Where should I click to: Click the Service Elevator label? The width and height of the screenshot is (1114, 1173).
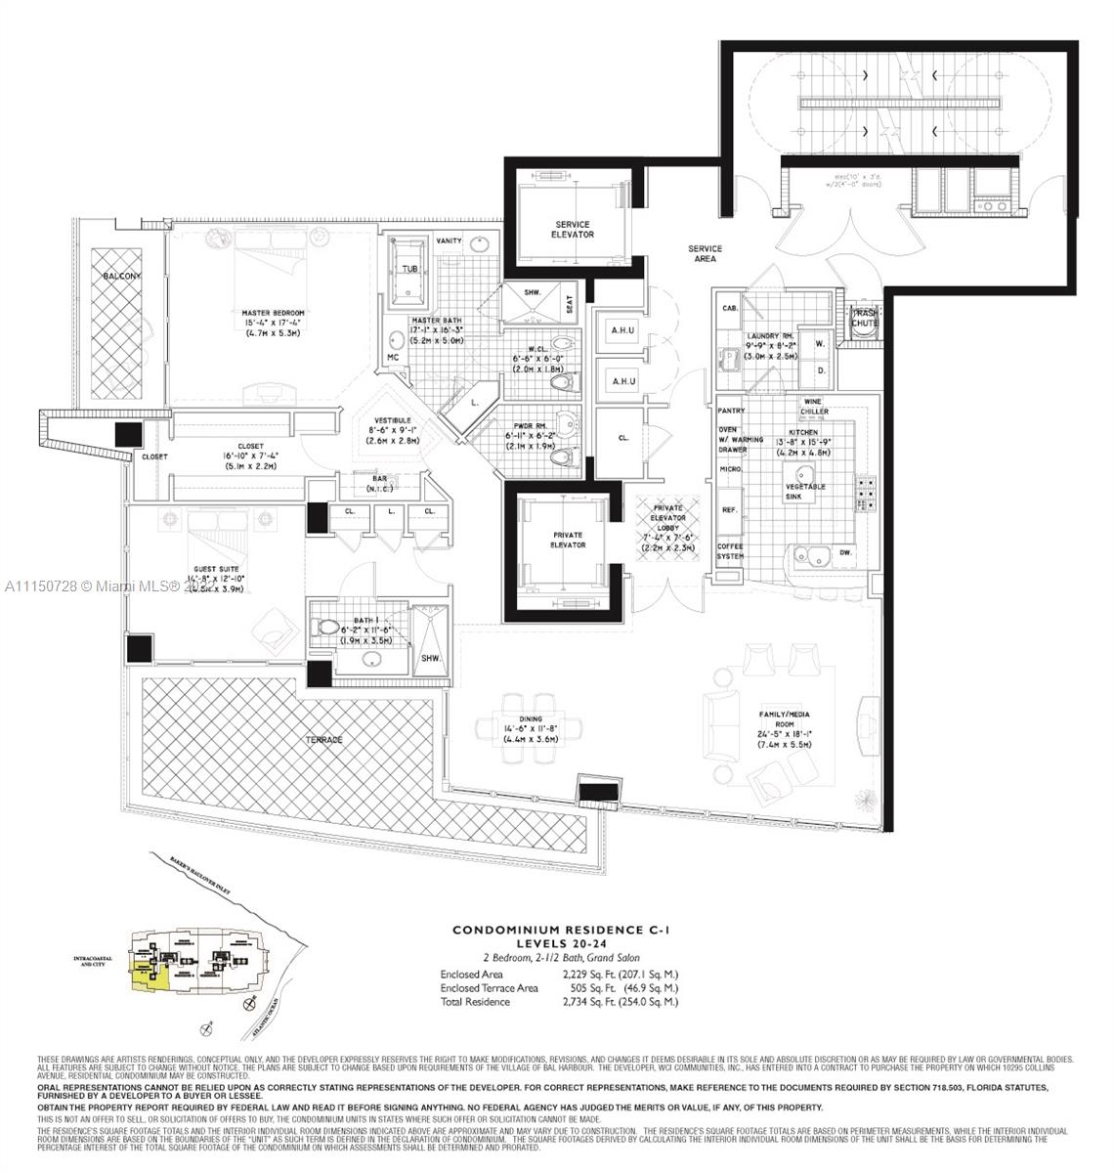click(574, 229)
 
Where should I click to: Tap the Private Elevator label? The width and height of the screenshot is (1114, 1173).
click(567, 540)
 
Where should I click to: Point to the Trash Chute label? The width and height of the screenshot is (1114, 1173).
click(864, 318)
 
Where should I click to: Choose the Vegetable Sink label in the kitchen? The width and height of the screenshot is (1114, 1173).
click(804, 491)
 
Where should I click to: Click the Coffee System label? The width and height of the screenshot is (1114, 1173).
click(731, 551)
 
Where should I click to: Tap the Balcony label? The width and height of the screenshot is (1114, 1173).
click(122, 277)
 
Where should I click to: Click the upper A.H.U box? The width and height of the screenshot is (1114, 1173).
click(622, 330)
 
